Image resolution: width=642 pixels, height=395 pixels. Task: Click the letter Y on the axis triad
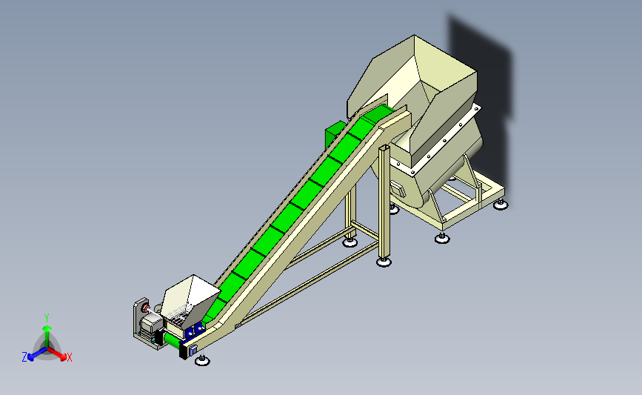click(47, 318)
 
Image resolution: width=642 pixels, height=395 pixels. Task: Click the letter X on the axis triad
click(69, 357)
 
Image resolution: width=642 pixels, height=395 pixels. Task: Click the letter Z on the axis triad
click(24, 357)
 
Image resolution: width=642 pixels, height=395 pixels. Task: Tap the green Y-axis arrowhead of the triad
click(47, 328)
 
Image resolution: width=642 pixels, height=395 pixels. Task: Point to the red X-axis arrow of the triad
click(57, 353)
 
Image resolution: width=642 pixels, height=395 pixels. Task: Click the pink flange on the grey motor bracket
click(145, 308)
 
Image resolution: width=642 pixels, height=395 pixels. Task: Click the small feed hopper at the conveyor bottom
click(190, 300)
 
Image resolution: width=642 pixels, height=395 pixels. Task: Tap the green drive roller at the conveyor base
click(172, 340)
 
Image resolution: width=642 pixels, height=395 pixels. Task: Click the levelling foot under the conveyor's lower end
click(202, 360)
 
